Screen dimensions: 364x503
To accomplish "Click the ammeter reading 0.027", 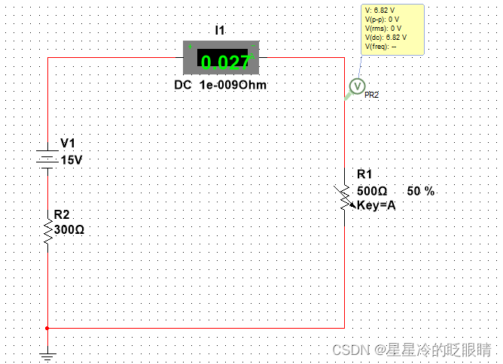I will point(223,61).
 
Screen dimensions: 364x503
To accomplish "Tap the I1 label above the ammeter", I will point(220,30).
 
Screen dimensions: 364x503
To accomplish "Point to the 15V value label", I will point(72,160).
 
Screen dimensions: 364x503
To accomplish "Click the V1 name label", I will point(68,144).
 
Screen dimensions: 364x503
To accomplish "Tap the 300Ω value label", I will point(69,229).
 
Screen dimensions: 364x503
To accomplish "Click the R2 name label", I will point(62,215).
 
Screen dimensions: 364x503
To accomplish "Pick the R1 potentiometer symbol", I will point(344,198).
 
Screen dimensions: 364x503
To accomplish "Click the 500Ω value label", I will point(372,191).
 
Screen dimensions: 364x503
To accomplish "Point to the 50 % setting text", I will point(421,191).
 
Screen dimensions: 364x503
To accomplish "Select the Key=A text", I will point(376,205).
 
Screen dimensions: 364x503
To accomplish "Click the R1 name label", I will point(364,174).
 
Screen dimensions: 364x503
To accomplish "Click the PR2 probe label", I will point(371,96).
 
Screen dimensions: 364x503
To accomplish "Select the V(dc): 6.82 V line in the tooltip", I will point(386,37).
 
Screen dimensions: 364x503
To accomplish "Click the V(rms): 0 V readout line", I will point(383,28).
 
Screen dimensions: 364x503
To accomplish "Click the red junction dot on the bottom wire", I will point(47,328).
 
